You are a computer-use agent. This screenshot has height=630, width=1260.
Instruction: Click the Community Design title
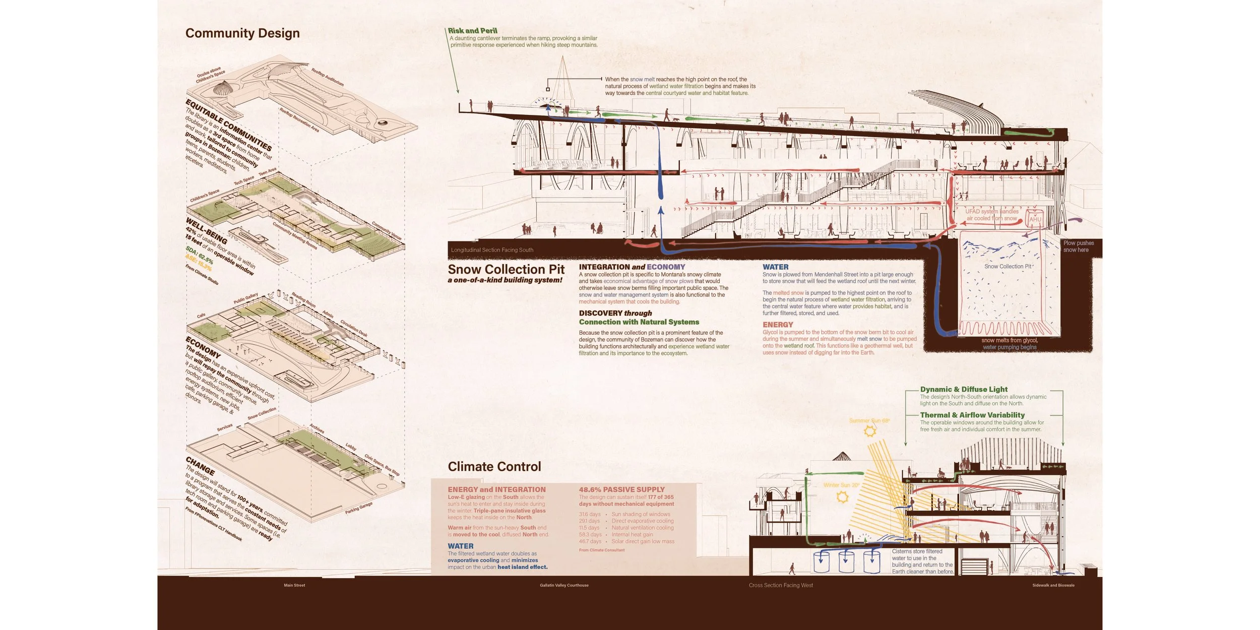tap(242, 33)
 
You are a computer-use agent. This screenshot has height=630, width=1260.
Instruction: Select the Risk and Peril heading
tap(472, 31)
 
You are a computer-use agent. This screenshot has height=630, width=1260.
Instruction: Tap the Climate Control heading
tap(494, 467)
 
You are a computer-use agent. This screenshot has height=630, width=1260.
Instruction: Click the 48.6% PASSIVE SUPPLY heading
tap(621, 489)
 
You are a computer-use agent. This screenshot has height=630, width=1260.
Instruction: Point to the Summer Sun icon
tap(870, 431)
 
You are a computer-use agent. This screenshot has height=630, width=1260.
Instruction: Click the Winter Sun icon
tap(842, 497)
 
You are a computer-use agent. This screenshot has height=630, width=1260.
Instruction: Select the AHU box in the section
tap(1035, 219)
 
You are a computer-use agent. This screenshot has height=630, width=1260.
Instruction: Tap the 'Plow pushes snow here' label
tap(1078, 246)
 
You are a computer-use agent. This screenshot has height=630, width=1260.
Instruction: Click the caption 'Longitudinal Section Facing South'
tap(492, 250)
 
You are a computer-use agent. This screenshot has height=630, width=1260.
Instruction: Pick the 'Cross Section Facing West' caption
tap(781, 585)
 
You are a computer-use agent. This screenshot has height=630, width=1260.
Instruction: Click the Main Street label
tap(294, 585)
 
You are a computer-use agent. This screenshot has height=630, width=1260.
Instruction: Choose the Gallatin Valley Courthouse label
tap(564, 585)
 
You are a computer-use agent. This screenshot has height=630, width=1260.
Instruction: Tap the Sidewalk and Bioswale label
tap(1053, 585)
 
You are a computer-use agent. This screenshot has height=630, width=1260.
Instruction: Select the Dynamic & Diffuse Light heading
tap(964, 389)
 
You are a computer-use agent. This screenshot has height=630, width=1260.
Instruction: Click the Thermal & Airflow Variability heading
tap(972, 415)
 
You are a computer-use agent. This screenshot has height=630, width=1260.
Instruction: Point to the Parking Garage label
tap(359, 508)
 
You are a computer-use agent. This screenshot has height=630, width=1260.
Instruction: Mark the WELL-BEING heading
tap(207, 230)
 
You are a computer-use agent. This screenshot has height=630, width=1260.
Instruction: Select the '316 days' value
tap(590, 514)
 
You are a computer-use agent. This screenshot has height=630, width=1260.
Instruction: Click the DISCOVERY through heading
tap(615, 313)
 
